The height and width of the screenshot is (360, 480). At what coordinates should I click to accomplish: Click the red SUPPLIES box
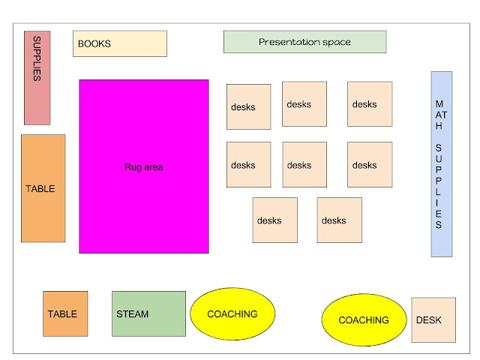click(37, 77)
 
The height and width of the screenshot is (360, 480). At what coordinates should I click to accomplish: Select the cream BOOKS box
click(119, 43)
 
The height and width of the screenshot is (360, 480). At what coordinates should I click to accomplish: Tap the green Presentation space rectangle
click(304, 42)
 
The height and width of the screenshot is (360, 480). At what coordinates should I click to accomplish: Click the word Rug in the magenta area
click(132, 167)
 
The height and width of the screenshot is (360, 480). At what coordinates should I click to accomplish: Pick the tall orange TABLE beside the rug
click(43, 188)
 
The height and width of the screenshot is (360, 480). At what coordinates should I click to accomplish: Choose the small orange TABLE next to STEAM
click(65, 313)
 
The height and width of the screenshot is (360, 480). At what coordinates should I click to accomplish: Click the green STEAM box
click(148, 313)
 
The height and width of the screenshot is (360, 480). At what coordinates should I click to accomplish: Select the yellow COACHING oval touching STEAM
click(232, 314)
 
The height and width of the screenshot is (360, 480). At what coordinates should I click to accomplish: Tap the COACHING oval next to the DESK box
click(364, 320)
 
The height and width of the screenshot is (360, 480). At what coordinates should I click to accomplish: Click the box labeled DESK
click(433, 320)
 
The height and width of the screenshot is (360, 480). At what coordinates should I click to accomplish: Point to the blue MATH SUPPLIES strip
click(441, 163)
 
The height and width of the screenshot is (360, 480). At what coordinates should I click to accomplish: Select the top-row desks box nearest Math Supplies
click(369, 104)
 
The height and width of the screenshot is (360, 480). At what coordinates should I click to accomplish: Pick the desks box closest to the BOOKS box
click(248, 106)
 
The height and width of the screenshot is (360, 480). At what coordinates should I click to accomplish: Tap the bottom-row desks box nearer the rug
click(274, 220)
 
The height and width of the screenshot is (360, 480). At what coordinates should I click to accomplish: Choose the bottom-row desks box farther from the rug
click(339, 220)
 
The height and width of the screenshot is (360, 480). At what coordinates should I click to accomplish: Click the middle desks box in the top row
click(304, 104)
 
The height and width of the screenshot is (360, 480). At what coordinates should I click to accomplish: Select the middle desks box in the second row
click(304, 164)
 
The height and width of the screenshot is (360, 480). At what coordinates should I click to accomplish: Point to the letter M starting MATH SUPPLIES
click(439, 103)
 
